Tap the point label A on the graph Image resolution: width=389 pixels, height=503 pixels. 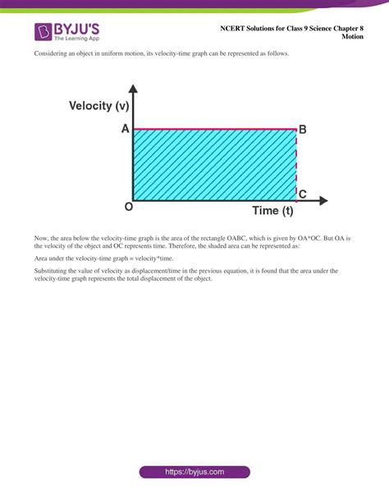coord(125,129)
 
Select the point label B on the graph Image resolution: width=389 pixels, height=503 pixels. coord(302,129)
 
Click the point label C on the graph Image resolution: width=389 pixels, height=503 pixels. coord(302,194)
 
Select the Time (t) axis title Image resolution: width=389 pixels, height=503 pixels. coord(272,211)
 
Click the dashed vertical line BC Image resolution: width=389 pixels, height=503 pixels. coord(296,164)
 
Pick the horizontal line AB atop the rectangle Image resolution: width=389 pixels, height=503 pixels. coord(213,129)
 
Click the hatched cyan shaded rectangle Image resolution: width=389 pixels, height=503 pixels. coord(213,164)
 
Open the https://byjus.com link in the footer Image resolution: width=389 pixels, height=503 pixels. coord(194,472)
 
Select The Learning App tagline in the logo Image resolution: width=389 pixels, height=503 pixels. coord(76,39)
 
